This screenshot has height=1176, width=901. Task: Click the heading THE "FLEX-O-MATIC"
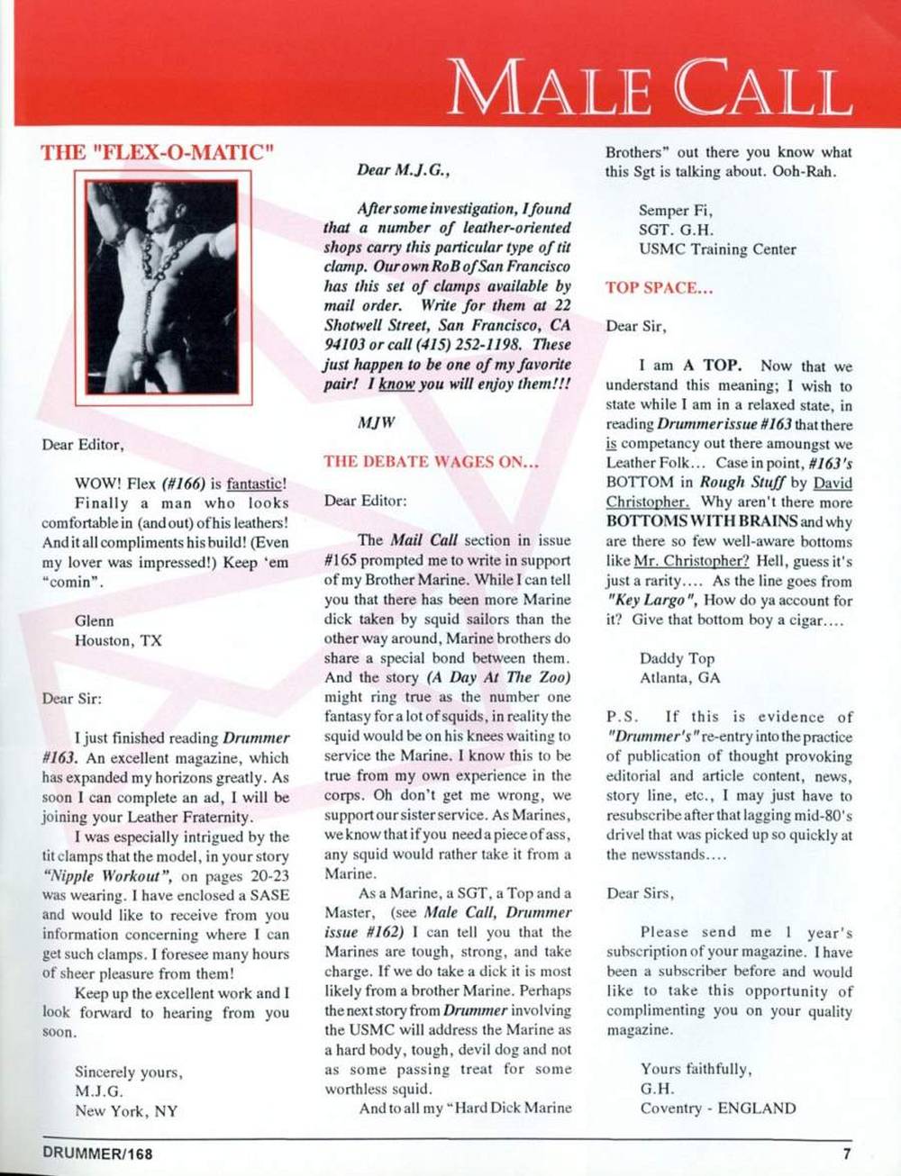[x=157, y=151]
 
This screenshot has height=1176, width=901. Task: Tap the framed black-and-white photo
[x=163, y=292]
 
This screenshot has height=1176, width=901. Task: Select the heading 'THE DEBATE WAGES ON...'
[x=431, y=462]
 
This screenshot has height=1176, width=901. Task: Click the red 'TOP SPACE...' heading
[x=660, y=288]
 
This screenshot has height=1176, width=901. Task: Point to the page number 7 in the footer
[x=847, y=1153]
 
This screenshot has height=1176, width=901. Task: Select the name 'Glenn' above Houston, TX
[x=95, y=620]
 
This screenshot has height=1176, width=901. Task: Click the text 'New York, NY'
[x=126, y=1110]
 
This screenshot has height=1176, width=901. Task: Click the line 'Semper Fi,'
[x=676, y=211]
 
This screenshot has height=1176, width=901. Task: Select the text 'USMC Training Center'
[x=717, y=249]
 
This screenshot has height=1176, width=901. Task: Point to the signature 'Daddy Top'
[x=677, y=658]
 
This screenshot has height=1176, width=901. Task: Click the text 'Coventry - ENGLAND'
[x=718, y=1108]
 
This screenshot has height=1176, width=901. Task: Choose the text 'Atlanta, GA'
[x=680, y=678]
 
